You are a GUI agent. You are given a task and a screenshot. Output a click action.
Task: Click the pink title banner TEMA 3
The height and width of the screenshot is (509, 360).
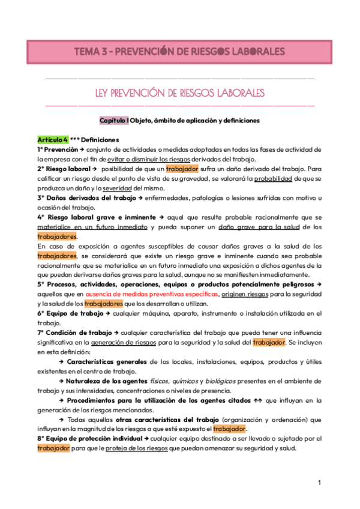pos(180,52)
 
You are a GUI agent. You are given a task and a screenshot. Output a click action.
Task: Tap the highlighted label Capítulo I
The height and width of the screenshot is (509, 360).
pos(114,121)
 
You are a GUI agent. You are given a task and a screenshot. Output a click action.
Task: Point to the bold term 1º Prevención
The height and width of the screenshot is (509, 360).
pos(58,149)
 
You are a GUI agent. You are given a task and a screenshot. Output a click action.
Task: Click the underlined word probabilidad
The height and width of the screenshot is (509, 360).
pos(274,179)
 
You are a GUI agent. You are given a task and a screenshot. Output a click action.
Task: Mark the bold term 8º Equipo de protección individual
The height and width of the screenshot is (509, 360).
pos(93,438)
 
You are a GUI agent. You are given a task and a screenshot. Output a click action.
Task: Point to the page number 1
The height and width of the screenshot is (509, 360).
pos(320,483)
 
